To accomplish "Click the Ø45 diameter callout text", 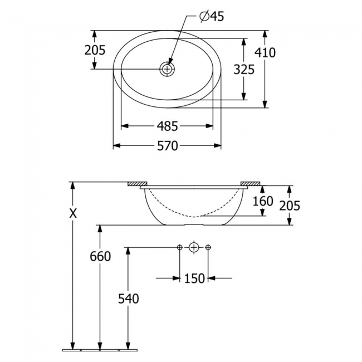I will [211, 17].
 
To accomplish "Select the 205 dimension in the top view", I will [95, 50].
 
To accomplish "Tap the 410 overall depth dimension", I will [265, 53].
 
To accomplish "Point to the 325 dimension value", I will [244, 70].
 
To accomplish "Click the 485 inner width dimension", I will [167, 126].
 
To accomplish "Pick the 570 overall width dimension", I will [167, 146].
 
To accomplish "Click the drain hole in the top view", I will [167, 69].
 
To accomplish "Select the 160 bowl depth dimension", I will [262, 200].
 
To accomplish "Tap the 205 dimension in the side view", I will [290, 206].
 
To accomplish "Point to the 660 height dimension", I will [100, 256].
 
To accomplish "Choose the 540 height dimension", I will [128, 299].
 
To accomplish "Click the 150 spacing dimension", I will [194, 278].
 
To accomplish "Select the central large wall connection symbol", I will [194, 247].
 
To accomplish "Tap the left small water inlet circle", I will [179, 247].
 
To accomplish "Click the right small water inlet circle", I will [208, 247].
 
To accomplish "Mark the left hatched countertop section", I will [136, 183].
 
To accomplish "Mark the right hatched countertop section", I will [250, 183].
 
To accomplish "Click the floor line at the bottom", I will [100, 350].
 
